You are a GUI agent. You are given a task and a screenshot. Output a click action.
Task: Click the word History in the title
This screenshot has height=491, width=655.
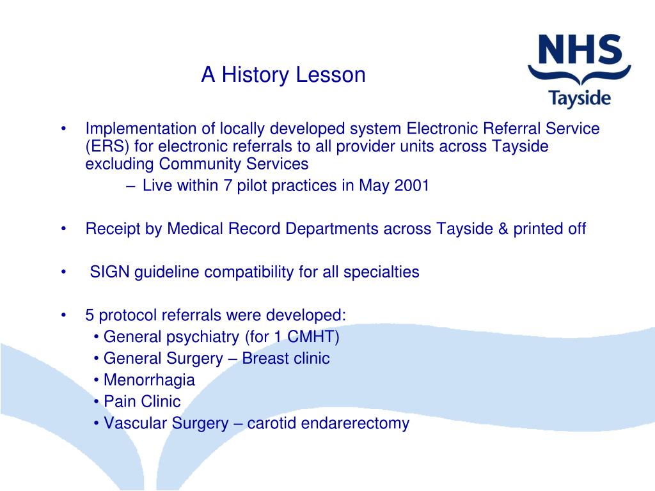pos(255,75)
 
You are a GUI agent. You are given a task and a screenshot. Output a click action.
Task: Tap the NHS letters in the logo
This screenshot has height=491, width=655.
pos(580,49)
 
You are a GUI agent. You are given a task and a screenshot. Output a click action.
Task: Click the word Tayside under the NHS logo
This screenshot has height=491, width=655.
pos(580,99)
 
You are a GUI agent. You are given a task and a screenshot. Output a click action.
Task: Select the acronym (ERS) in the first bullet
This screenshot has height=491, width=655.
pos(107,146)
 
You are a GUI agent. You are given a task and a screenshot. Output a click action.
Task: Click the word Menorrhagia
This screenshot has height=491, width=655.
pos(149,380)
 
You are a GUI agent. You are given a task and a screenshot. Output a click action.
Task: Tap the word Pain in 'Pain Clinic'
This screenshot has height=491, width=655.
pos(119,401)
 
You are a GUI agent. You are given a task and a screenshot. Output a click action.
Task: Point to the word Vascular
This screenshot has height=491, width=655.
pos(136,423)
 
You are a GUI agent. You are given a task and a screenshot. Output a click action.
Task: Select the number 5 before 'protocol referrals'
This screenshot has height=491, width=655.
pos(90,315)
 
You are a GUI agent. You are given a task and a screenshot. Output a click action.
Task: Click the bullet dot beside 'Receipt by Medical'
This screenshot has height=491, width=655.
pos(63,229)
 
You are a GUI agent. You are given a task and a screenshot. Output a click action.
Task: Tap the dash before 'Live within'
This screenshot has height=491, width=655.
pos(130,186)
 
